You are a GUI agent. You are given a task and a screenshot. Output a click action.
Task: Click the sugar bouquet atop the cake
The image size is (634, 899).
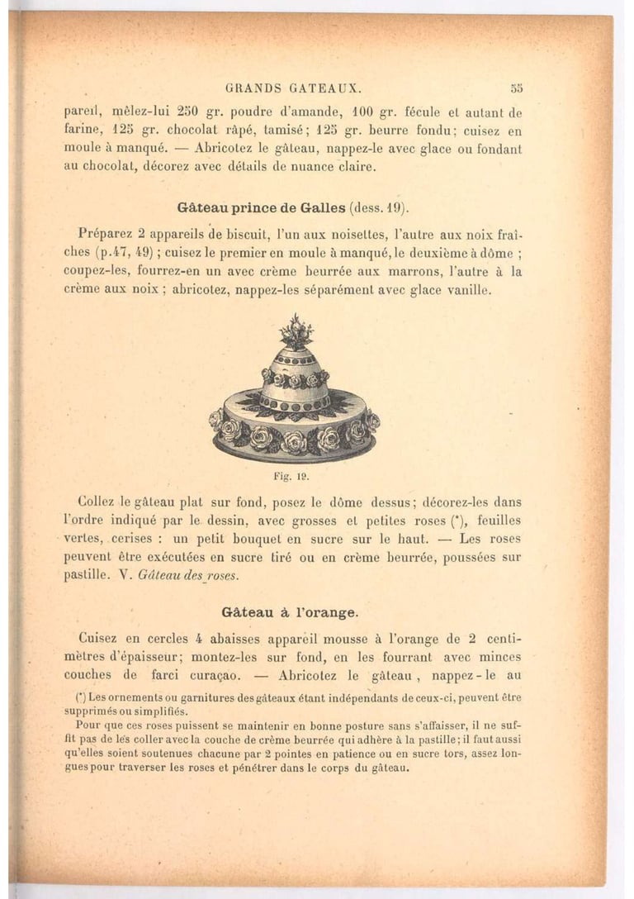pos(296,331)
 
